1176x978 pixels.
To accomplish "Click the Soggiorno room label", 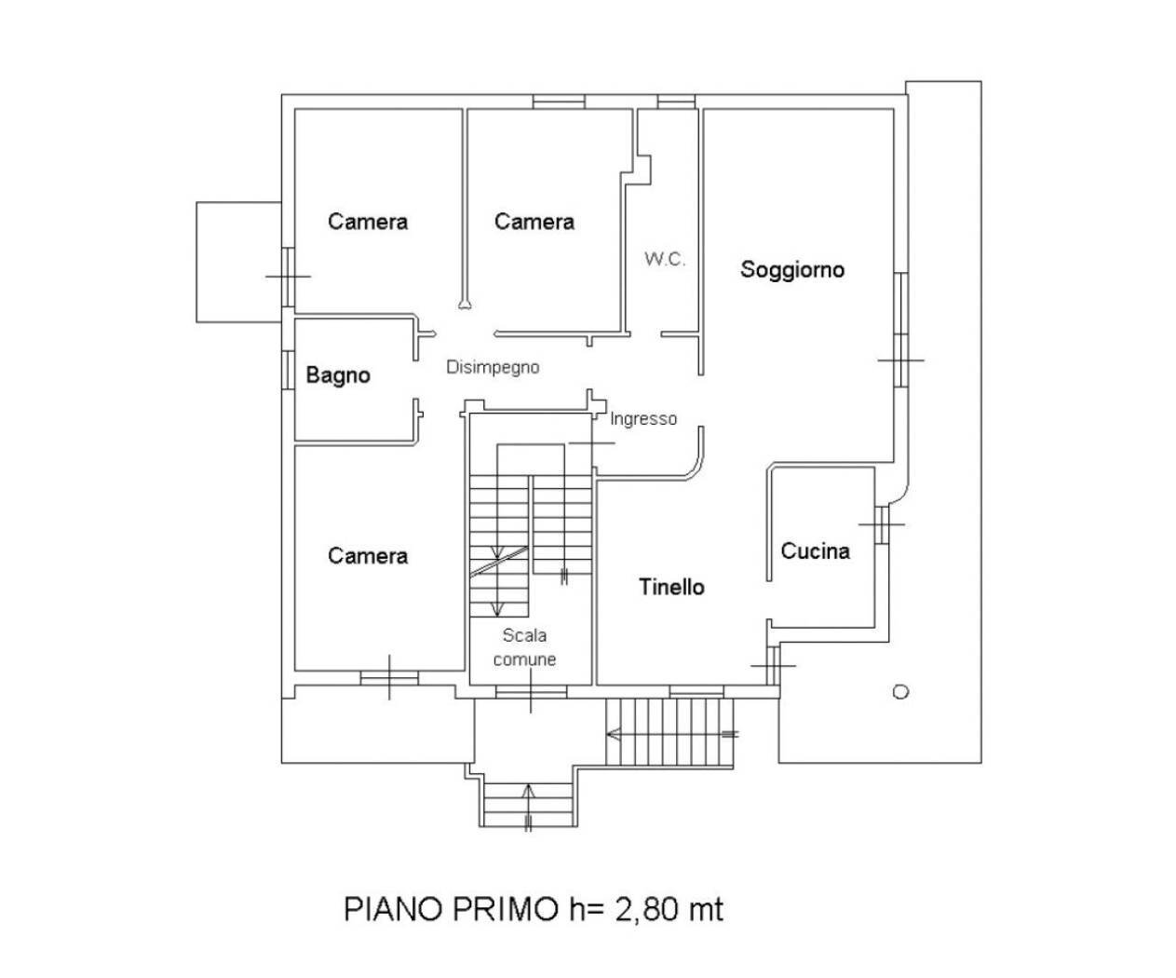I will pyautogui.click(x=791, y=270).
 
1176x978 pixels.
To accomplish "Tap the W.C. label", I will pyautogui.click(x=664, y=260).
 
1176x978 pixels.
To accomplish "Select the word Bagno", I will pyautogui.click(x=338, y=375).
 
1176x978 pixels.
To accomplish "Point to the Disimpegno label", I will pyautogui.click(x=493, y=367).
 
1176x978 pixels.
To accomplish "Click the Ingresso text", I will pyautogui.click(x=643, y=419).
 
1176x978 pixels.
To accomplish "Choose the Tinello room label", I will pyautogui.click(x=671, y=587).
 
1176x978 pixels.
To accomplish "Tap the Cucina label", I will pyautogui.click(x=815, y=551).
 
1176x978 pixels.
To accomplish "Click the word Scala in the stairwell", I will pyautogui.click(x=524, y=636).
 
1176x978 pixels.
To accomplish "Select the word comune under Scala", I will pyautogui.click(x=524, y=659).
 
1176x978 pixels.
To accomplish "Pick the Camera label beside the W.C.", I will pyautogui.click(x=534, y=222).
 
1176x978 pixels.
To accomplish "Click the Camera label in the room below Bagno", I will pyautogui.click(x=367, y=556).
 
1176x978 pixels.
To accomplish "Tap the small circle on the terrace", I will pyautogui.click(x=899, y=692).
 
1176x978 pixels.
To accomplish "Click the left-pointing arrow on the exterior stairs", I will pyautogui.click(x=615, y=734).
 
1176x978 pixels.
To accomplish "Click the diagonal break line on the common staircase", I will pyautogui.click(x=498, y=562).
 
